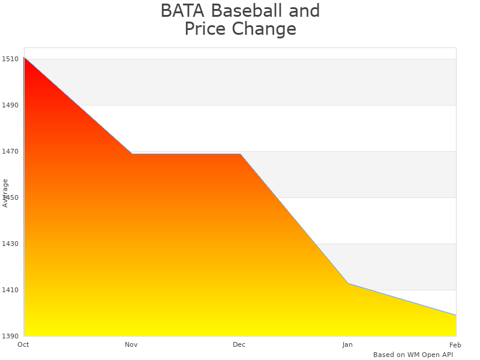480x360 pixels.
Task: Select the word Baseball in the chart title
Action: click(245, 11)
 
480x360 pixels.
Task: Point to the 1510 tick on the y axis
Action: click(10, 59)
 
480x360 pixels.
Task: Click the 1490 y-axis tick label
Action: click(10, 105)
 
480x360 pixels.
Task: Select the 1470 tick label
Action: click(10, 151)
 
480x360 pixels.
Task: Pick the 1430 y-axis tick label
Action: click(10, 244)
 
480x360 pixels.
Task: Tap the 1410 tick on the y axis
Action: click(10, 290)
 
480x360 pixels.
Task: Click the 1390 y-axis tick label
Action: click(10, 336)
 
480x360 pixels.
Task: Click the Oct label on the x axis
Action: click(23, 344)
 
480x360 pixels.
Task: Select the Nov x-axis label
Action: click(131, 344)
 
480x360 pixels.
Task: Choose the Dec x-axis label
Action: click(239, 344)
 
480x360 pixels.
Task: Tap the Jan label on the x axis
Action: click(347, 344)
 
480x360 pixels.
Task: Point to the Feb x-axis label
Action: click(455, 344)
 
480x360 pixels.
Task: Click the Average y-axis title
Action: click(5, 193)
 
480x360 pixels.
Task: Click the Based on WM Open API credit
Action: click(413, 355)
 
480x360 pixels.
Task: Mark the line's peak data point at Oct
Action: click(25, 58)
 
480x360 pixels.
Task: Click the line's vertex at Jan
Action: click(348, 283)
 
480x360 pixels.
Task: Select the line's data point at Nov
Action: click(132, 154)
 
